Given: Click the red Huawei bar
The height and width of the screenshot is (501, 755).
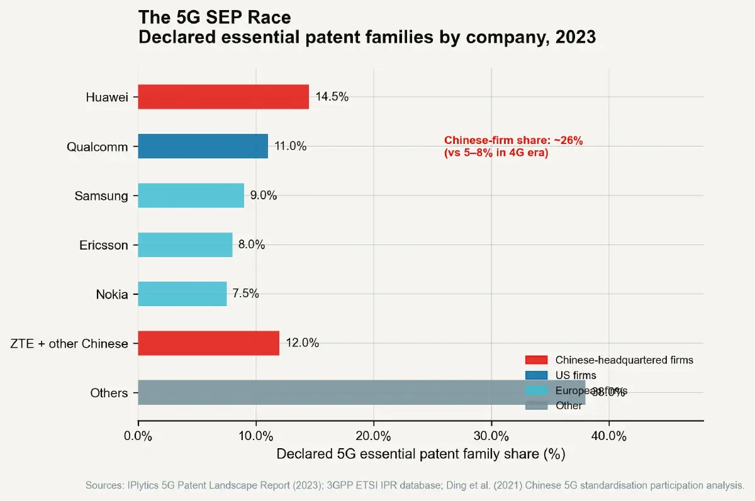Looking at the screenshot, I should click(x=223, y=97).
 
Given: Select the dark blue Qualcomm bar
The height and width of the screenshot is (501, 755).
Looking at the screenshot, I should click(x=203, y=146).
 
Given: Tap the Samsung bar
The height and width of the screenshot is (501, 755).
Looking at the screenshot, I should click(x=191, y=195).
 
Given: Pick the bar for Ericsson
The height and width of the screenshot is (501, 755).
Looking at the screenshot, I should click(x=185, y=245).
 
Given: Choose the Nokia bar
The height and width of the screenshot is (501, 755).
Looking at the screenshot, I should click(x=182, y=294).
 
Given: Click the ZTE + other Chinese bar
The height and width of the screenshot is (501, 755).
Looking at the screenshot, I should click(x=208, y=343).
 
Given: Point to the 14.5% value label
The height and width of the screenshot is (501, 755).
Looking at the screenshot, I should click(x=332, y=97).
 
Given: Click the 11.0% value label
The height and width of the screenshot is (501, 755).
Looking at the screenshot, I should click(x=291, y=146).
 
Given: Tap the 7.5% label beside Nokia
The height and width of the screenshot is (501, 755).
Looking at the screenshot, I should click(x=245, y=294).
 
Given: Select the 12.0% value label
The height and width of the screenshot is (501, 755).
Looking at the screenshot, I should click(x=303, y=343).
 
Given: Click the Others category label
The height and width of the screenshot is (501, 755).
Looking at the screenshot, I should click(x=109, y=393).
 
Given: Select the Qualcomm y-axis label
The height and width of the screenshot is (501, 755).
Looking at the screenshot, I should click(x=98, y=146).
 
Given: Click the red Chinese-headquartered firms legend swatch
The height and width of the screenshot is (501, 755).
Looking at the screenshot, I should click(x=537, y=360).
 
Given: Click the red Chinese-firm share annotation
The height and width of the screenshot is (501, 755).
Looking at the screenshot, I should click(x=513, y=146).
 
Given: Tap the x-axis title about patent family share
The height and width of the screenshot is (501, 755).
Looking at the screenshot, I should click(x=420, y=454).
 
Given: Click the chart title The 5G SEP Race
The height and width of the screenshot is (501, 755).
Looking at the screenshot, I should click(x=214, y=17).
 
